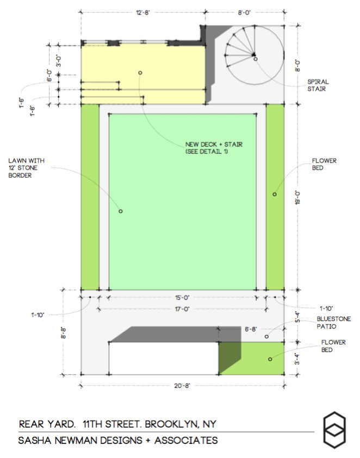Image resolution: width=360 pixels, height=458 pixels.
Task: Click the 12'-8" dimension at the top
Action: pyautogui.click(x=143, y=13)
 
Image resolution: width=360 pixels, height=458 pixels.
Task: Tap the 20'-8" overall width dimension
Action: pyautogui.click(x=182, y=386)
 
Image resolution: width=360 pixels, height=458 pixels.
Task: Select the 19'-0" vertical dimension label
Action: pyautogui.click(x=297, y=198)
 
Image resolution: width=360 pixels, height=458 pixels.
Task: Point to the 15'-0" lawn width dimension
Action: pyautogui.click(x=182, y=298)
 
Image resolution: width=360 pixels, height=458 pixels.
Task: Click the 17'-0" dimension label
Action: pyautogui.click(x=182, y=309)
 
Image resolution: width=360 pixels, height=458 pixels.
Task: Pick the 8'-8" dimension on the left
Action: pyautogui.click(x=64, y=333)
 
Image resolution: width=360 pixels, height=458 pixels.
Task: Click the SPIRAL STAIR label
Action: pyautogui.click(x=318, y=85)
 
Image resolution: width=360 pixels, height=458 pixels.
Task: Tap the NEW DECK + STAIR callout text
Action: pyautogui.click(x=214, y=148)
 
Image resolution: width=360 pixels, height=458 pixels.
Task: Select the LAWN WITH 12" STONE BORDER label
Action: pyautogui.click(x=26, y=168)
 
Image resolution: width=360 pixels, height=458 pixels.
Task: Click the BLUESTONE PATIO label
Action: pyautogui.click(x=334, y=323)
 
